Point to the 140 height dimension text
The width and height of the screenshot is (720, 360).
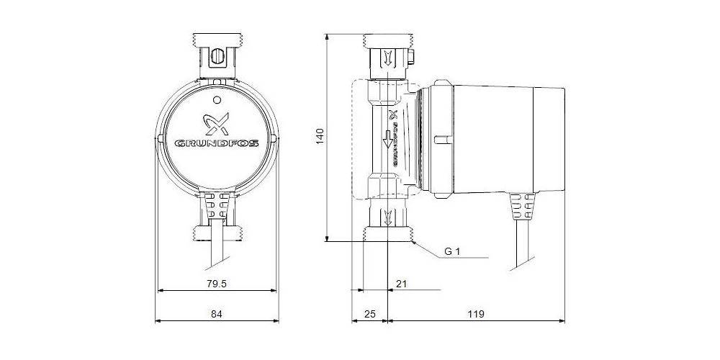(320, 137)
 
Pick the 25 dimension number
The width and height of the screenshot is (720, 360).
(369, 314)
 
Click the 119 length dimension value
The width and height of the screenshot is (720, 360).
(475, 314)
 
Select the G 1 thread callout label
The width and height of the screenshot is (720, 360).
(452, 252)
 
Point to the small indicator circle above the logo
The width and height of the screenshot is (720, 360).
(217, 99)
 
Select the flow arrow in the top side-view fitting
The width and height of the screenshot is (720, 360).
(388, 57)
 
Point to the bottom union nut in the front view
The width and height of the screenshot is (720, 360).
(217, 232)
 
